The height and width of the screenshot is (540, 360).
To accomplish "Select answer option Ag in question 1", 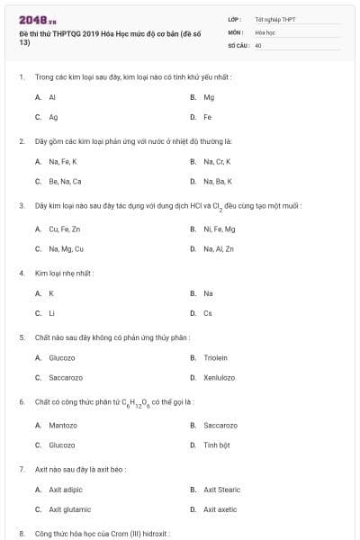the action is (x=53, y=117).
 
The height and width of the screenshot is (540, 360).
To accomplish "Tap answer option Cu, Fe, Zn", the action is (x=65, y=229).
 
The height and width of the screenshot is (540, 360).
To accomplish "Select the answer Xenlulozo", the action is (x=219, y=377).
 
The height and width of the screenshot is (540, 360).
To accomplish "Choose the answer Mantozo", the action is (x=63, y=425).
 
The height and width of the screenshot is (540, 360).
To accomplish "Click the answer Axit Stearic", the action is (x=220, y=490).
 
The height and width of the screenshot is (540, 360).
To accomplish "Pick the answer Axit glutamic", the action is (x=67, y=509).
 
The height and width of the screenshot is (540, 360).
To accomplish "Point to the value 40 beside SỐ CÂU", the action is (x=258, y=44).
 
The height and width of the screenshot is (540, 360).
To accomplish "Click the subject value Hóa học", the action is (x=265, y=31).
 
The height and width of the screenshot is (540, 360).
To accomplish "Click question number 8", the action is (x=22, y=534).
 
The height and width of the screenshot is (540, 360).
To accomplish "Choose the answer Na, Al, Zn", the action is (x=219, y=248).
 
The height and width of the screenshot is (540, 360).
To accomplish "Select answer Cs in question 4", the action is (x=208, y=313).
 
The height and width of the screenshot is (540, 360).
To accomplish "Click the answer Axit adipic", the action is (x=66, y=490).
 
